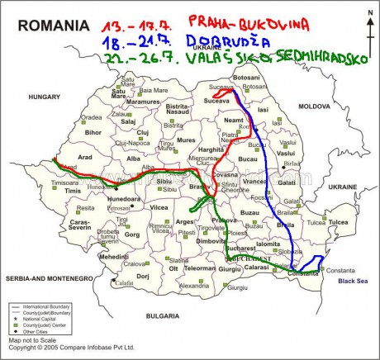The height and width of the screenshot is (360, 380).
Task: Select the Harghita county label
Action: [234, 150]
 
